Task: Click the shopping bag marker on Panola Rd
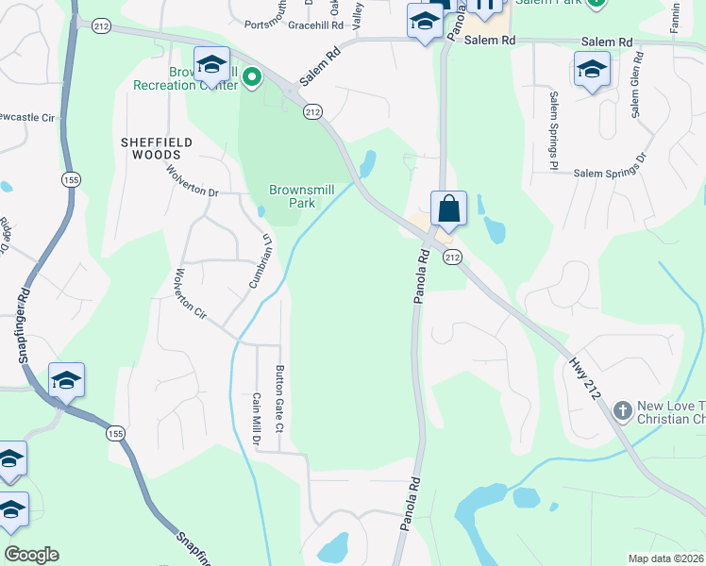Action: (448, 208)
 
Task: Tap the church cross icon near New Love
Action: (621, 411)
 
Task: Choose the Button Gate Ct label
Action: (279, 400)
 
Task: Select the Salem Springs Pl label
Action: (555, 131)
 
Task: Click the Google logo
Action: (31, 555)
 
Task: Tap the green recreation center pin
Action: (252, 77)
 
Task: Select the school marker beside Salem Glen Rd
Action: (592, 69)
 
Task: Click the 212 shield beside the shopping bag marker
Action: (452, 257)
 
